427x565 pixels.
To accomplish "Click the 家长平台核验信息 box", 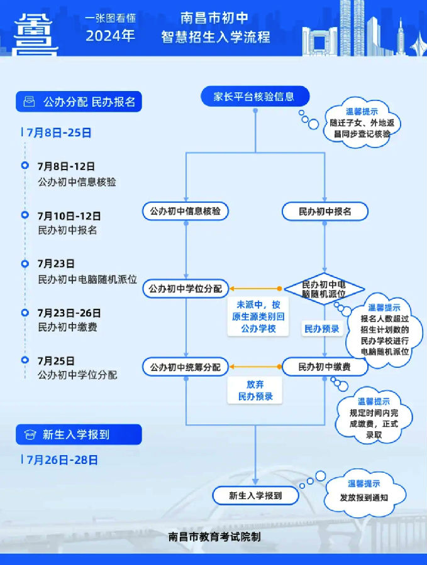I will (255, 97).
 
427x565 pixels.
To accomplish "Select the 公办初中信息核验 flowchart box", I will (186, 212).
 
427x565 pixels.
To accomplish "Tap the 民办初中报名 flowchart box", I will (324, 212).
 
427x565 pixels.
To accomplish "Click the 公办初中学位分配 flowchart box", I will (186, 289).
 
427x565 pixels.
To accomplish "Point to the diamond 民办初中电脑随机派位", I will (324, 289).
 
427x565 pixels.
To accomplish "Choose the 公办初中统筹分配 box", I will (186, 367).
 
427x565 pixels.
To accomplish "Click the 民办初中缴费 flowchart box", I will (324, 367).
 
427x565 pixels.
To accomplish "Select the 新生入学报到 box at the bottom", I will (255, 495).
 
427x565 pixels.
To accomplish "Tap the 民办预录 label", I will (322, 329).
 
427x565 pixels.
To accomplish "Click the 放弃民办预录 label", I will (255, 390).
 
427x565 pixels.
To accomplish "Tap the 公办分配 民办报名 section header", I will (79, 101).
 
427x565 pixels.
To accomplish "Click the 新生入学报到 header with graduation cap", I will (79, 434).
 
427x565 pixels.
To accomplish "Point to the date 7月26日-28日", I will (63, 460).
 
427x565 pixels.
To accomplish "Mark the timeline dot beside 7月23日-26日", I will (25, 312).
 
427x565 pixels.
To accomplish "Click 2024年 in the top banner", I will (111, 36).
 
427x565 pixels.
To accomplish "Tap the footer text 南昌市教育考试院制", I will (214, 537).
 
